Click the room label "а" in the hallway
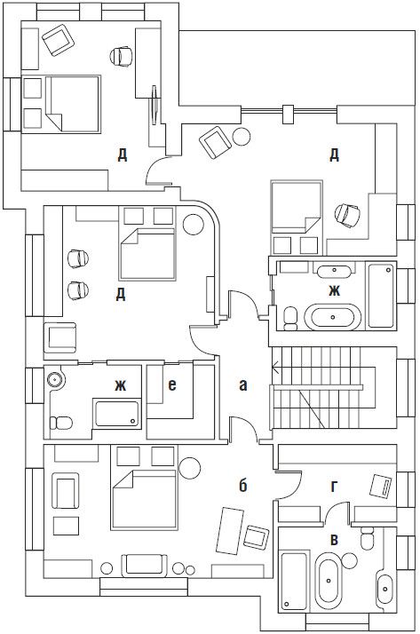click(x=242, y=385)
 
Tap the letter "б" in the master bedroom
click(x=242, y=485)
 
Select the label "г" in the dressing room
click(x=334, y=487)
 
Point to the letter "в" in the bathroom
click(x=334, y=540)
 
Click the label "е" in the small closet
click(x=172, y=385)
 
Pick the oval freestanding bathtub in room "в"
click(x=329, y=582)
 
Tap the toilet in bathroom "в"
click(x=368, y=538)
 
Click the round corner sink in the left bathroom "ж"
click(x=54, y=379)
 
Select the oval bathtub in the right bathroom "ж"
click(x=332, y=317)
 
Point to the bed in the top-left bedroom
click(x=73, y=104)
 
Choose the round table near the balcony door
click(x=242, y=136)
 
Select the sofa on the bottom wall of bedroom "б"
click(x=145, y=565)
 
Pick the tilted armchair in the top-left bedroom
click(x=59, y=40)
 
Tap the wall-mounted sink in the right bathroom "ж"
click(x=334, y=272)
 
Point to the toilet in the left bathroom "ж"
click(x=60, y=423)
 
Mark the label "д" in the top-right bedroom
click(x=334, y=155)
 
